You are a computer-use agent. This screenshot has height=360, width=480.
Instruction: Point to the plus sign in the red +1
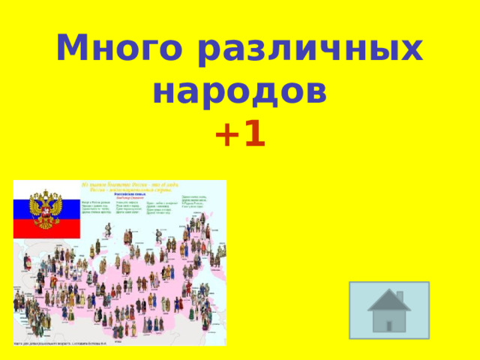coord(226,135)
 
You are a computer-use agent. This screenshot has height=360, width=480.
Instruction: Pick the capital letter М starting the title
coord(73,49)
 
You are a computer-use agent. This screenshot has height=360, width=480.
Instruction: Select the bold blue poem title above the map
coord(127,193)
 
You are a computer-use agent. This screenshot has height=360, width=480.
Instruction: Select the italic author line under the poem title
coord(127,198)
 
